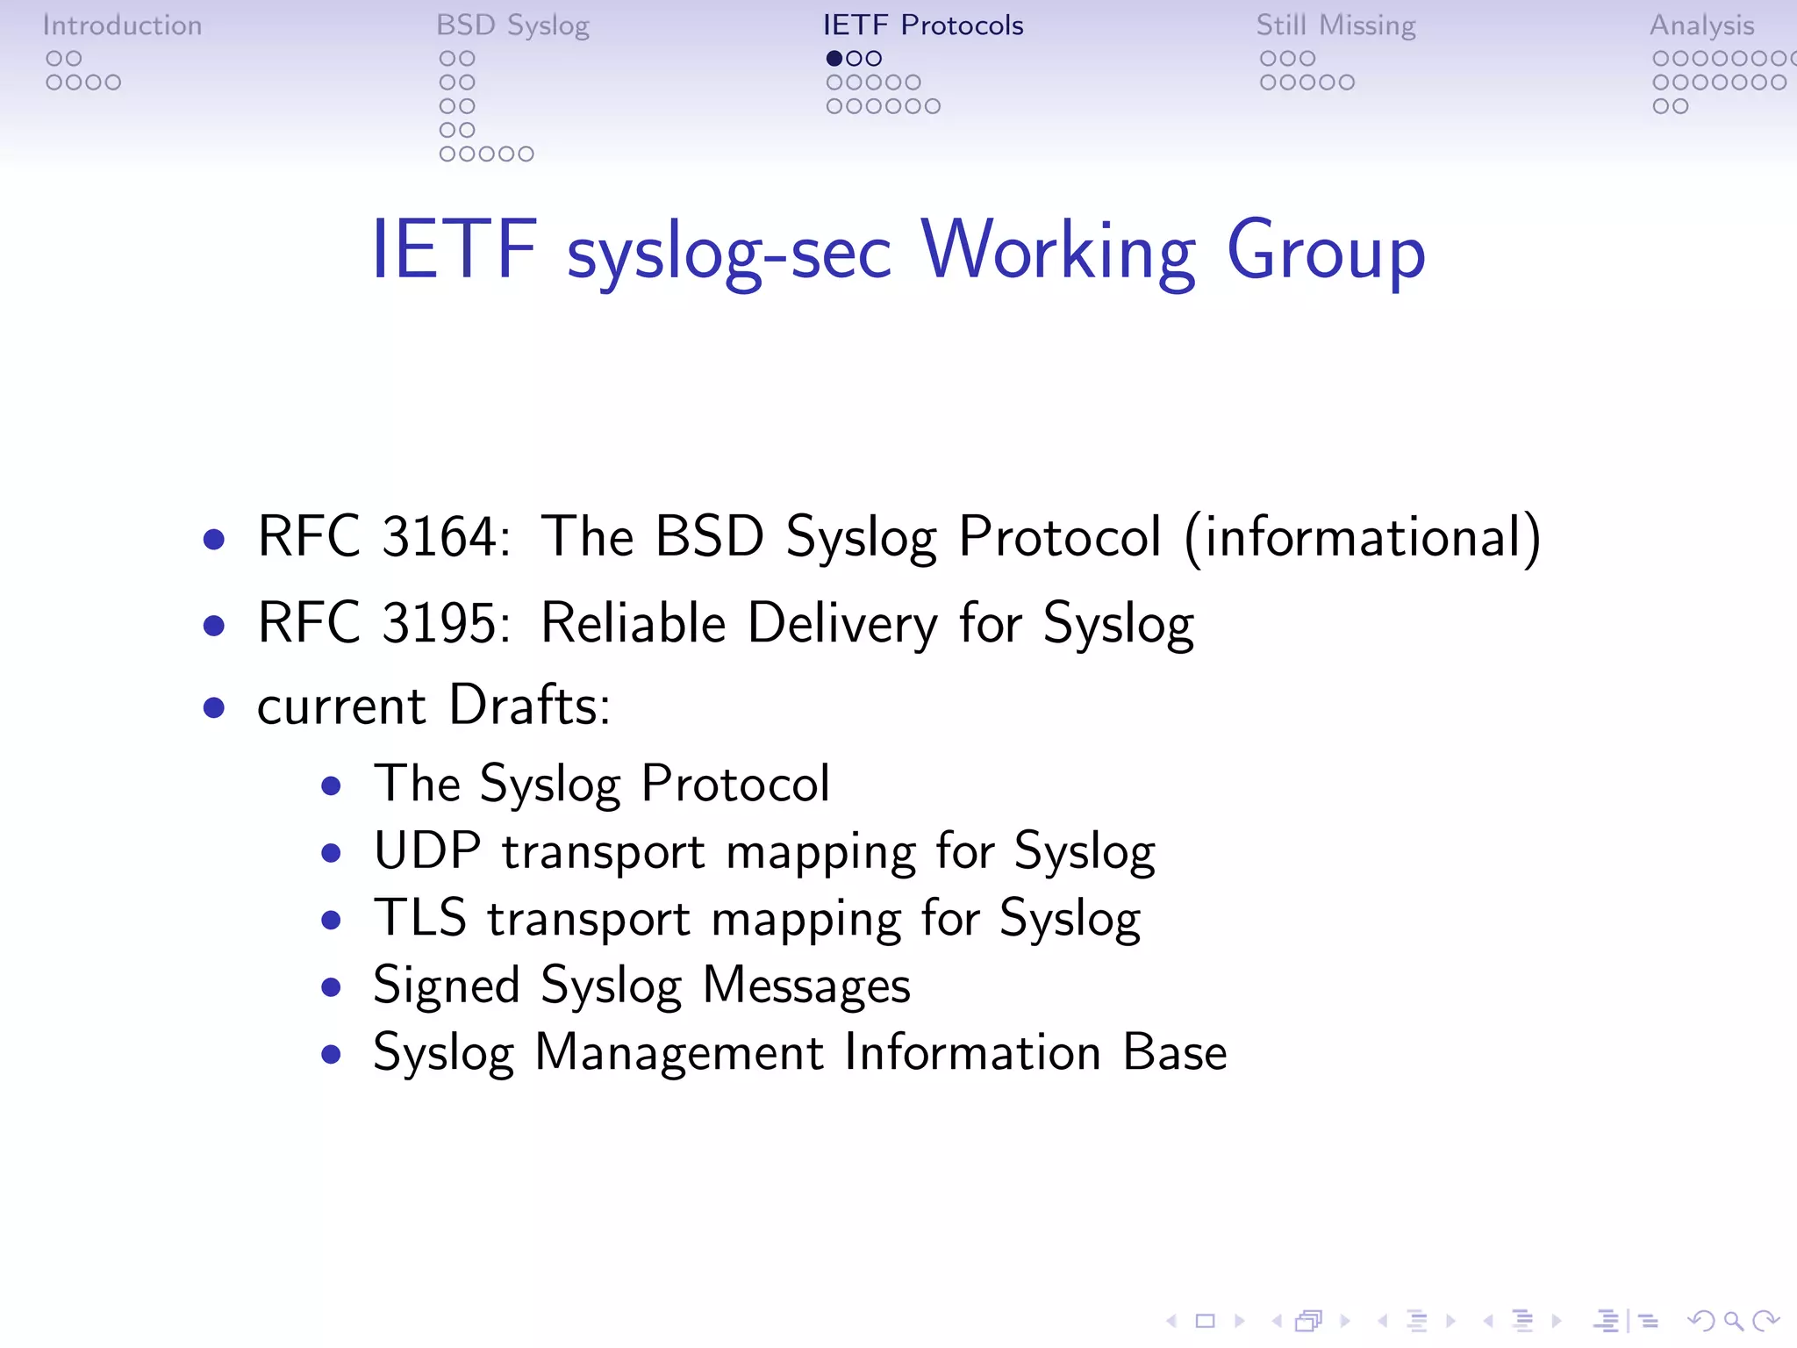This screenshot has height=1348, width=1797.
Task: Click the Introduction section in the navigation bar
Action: pyautogui.click(x=122, y=25)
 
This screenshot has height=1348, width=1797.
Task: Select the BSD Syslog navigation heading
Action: pyautogui.click(x=512, y=25)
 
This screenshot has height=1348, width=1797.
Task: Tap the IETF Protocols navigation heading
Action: pyautogui.click(x=923, y=25)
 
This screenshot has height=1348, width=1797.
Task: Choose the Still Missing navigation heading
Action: pyautogui.click(x=1335, y=25)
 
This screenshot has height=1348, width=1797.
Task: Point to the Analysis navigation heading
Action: pyautogui.click(x=1701, y=25)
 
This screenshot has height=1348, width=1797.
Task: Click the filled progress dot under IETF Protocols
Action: pyautogui.click(x=834, y=59)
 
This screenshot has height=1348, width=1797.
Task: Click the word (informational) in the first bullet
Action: pyautogui.click(x=1362, y=537)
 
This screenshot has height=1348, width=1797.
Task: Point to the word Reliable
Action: pyautogui.click(x=633, y=623)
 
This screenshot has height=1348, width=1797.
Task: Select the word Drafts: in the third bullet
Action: pyautogui.click(x=529, y=706)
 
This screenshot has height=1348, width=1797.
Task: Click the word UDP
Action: pyautogui.click(x=427, y=851)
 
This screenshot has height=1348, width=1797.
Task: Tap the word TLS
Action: pyautogui.click(x=419, y=919)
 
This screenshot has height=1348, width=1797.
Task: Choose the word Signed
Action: pyautogui.click(x=446, y=986)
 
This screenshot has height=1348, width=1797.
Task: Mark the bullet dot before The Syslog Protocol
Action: pyautogui.click(x=331, y=785)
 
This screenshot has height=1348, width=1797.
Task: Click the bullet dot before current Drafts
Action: pyautogui.click(x=213, y=708)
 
